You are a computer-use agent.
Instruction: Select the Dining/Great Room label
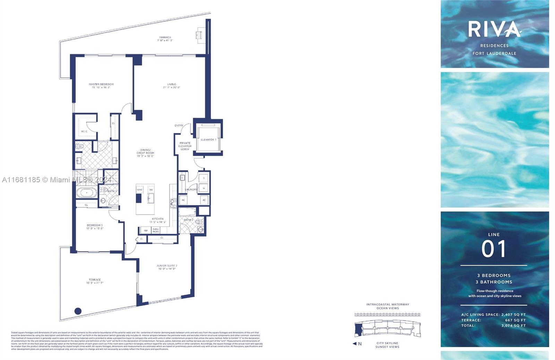click(145, 153)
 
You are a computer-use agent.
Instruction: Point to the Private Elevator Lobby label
click(185, 146)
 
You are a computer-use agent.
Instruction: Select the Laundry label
click(191, 190)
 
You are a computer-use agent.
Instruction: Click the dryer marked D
click(204, 178)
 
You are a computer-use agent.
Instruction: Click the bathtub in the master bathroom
click(87, 193)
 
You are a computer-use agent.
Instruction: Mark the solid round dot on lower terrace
click(78, 311)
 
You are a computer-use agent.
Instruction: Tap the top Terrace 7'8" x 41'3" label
click(165, 39)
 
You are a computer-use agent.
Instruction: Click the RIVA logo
click(494, 29)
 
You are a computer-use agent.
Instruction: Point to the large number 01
click(494, 249)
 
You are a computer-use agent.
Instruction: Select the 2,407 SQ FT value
click(513, 315)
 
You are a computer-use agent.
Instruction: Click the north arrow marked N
click(357, 344)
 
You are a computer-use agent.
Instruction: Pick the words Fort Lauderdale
click(494, 53)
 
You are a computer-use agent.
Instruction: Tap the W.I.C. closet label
click(84, 132)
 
